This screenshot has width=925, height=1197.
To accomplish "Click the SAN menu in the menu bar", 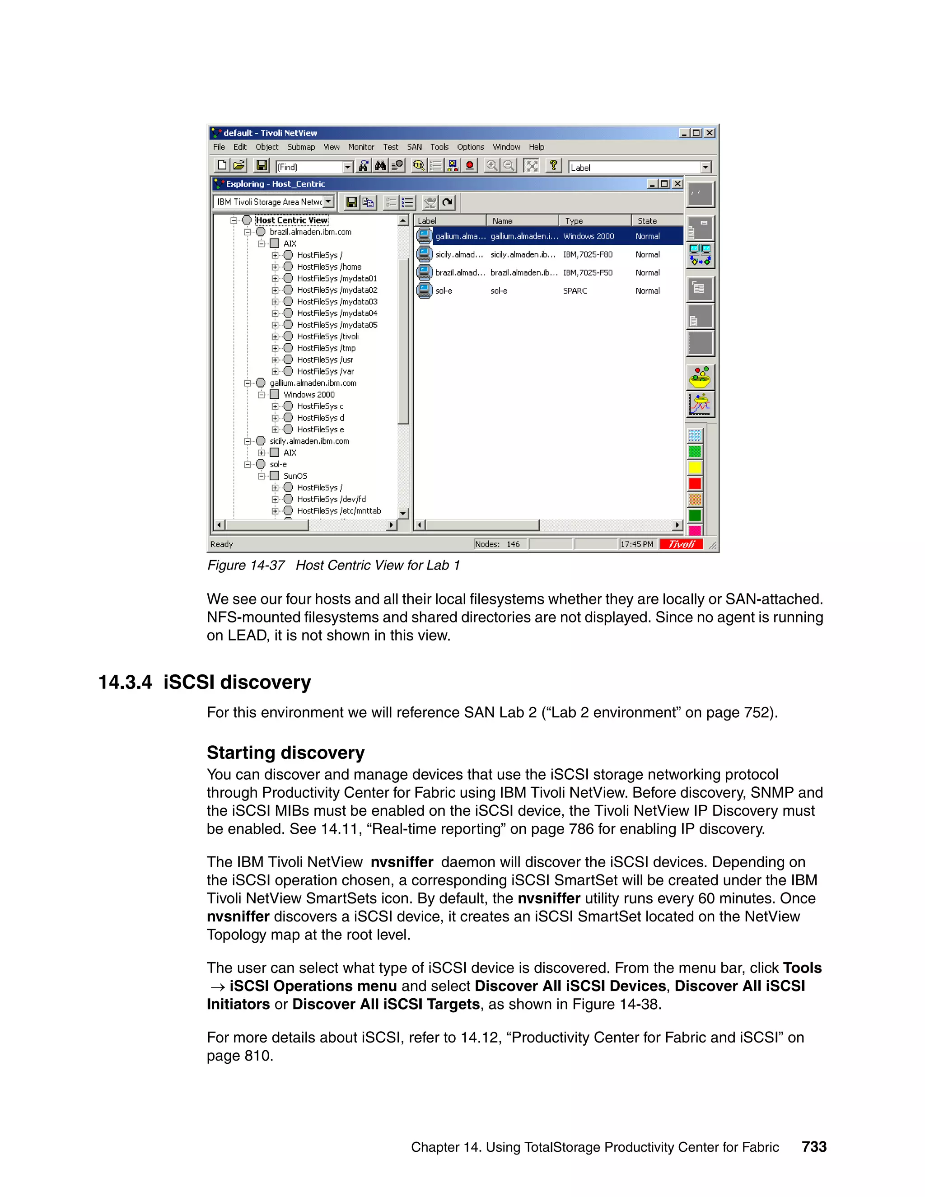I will [x=414, y=147].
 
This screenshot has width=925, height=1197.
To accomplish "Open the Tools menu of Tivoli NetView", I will [x=439, y=147].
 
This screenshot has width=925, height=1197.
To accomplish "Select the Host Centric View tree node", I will [x=291, y=220].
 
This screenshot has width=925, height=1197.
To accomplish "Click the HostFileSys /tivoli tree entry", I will [x=328, y=337].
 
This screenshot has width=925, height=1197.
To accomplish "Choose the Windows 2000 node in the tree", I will [x=308, y=395].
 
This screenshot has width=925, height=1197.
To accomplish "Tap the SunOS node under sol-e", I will [x=295, y=476].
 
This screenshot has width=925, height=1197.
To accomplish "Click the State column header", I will [x=647, y=221].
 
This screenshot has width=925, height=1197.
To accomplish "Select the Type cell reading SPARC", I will [x=575, y=291].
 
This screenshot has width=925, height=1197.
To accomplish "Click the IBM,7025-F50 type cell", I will [x=588, y=273].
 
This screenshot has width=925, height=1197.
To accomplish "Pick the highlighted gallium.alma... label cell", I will [x=460, y=236].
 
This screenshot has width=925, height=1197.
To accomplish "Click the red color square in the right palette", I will [x=695, y=483].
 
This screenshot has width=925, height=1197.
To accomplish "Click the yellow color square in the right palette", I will [x=695, y=468].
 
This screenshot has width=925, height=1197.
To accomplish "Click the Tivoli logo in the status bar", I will [x=681, y=544].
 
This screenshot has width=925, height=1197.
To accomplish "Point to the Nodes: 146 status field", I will [x=498, y=544].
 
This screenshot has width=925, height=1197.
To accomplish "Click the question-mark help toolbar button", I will [x=553, y=165].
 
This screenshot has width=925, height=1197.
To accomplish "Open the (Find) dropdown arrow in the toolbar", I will [x=347, y=167].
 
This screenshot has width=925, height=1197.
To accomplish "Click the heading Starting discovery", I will [x=285, y=753].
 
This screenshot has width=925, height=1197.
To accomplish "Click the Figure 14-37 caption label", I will [x=246, y=565].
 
